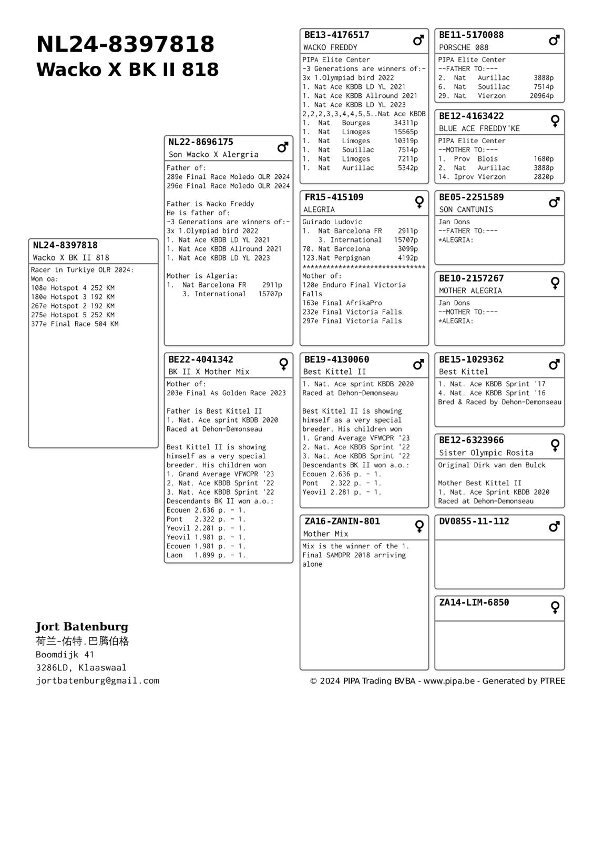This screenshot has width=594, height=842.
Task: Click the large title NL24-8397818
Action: point(125,44)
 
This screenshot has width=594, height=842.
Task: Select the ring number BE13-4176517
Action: point(336,35)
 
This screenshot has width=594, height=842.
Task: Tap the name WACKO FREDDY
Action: point(330,47)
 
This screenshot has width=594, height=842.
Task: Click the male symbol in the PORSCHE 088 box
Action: point(554,40)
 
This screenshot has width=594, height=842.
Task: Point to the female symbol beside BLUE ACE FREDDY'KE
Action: point(555,121)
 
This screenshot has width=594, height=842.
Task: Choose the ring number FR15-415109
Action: point(334,197)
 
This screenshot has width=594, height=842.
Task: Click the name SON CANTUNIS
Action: point(466,209)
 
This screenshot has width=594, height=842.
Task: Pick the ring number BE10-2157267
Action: point(471,278)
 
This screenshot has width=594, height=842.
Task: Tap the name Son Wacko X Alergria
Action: point(213,155)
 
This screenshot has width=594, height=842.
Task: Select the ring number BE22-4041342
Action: point(200,359)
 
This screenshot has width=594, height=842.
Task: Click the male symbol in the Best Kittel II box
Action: point(418,364)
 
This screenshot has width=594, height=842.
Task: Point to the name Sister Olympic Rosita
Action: point(478,453)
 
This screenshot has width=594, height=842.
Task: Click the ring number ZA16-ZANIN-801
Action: point(342,522)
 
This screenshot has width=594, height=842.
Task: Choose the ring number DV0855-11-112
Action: point(474,522)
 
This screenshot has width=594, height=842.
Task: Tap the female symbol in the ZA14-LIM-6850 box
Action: point(555,607)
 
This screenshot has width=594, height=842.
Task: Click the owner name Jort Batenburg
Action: point(82,627)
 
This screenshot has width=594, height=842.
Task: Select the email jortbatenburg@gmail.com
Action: point(97,681)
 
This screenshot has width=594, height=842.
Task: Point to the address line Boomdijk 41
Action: point(65,655)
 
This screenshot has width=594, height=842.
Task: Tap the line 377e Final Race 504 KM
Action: point(75,324)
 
